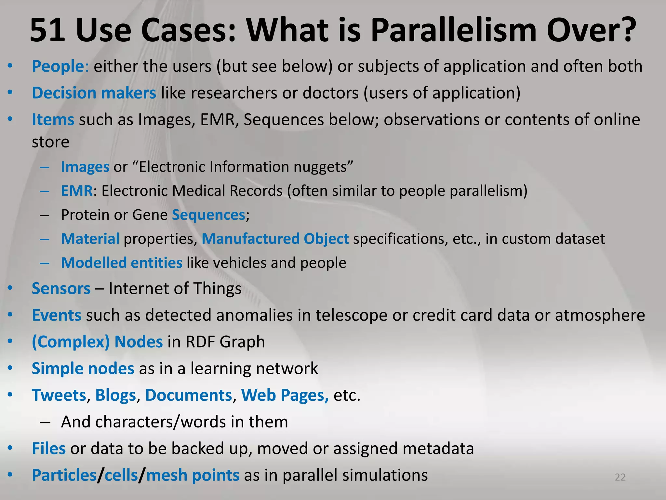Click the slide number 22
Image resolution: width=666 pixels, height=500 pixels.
pos(620,477)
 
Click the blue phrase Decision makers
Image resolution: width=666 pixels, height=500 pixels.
pos(94,93)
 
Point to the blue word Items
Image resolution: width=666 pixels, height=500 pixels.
pos(53,120)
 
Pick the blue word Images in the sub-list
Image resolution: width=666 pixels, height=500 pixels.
pos(85,167)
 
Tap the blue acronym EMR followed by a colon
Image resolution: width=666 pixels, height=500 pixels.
pos(77,191)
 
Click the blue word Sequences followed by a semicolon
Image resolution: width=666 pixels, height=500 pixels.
pos(208,215)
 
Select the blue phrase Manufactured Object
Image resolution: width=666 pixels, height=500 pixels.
pos(275,239)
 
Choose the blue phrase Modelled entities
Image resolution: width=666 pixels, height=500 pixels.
pos(122,263)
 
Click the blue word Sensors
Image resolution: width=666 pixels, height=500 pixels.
pos(61,289)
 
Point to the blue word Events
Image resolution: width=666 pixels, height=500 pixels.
pos(57,315)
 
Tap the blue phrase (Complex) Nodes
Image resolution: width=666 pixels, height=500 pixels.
pos(97,342)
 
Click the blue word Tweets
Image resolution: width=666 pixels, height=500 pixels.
pos(59,396)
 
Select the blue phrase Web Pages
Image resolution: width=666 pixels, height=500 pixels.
pos(285,396)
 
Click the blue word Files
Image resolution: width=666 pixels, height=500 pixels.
pos(49,449)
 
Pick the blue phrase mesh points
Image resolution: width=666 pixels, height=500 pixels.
pos(193,475)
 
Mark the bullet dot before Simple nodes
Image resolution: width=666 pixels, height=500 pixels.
pos(10,368)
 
